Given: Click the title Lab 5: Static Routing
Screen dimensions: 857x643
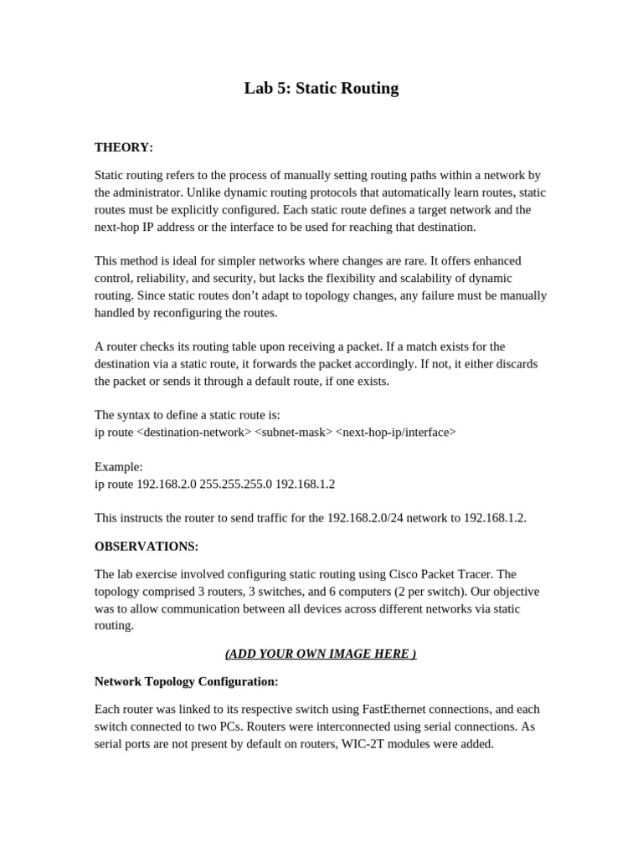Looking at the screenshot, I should coord(321,88).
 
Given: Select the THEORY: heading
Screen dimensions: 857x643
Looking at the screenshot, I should coord(124,147).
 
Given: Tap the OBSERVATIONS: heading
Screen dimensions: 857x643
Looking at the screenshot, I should coord(147,547).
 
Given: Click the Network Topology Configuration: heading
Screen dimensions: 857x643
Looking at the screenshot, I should coord(186,681).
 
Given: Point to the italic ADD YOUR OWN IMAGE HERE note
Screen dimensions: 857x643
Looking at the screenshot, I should coord(321,654).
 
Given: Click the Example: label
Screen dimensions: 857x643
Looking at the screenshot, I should coord(119,466).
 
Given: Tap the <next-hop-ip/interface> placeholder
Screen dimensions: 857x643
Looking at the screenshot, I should coord(396,432).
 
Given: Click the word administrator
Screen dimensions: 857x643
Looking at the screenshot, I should coord(151,192).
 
